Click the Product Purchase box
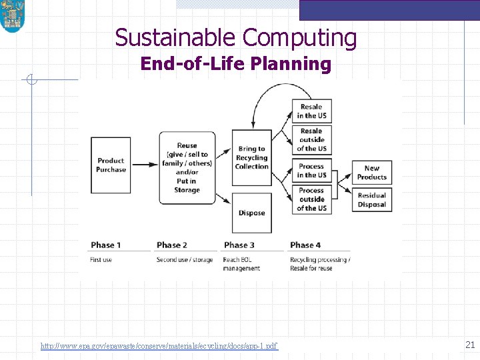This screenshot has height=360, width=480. (x=111, y=165)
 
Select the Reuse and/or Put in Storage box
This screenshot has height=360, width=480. (x=187, y=167)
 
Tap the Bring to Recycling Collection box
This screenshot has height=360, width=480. (x=251, y=158)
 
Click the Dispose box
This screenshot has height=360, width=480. (x=251, y=213)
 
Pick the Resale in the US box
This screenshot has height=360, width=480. (x=311, y=111)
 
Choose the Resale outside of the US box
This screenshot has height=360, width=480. (x=311, y=140)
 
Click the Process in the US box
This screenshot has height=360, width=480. (x=311, y=171)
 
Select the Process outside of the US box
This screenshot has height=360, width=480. (x=311, y=199)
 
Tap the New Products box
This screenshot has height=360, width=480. (x=372, y=173)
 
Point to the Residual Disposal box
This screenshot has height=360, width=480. (x=372, y=200)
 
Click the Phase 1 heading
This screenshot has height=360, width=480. (x=106, y=245)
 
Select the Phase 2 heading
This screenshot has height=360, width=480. (x=172, y=245)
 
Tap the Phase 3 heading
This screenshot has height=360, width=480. (x=239, y=245)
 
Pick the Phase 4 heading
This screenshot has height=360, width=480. (x=305, y=245)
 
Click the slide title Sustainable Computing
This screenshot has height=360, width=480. (x=236, y=38)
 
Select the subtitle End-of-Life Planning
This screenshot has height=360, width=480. (x=236, y=64)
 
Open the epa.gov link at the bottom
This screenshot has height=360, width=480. (x=159, y=346)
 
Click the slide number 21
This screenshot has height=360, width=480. (x=469, y=345)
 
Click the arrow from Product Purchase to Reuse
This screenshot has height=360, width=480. (x=144, y=161)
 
